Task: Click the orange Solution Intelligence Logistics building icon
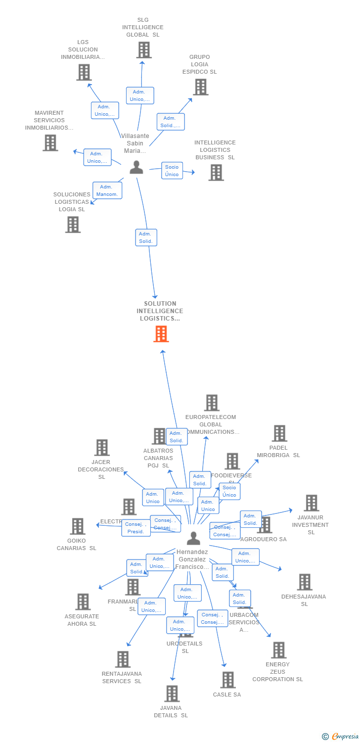[161, 334]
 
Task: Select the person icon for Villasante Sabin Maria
[136, 167]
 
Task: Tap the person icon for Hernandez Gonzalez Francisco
[193, 538]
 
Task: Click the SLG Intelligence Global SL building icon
[143, 50]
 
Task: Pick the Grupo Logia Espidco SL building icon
[200, 87]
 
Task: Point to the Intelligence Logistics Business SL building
[216, 173]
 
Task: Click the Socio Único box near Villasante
[172, 171]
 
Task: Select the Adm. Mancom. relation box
[107, 190]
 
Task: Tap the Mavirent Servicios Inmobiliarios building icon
[50, 143]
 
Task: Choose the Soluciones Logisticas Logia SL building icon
[73, 225]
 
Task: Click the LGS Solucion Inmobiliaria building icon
[84, 72]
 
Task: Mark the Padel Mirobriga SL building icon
[279, 433]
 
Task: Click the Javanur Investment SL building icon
[311, 503]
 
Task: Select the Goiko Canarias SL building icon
[77, 526]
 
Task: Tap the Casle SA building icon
[227, 680]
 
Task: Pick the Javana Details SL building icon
[171, 694]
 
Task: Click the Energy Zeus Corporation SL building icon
[278, 650]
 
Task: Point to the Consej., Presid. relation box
[136, 528]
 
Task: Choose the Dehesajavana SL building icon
[304, 582]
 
